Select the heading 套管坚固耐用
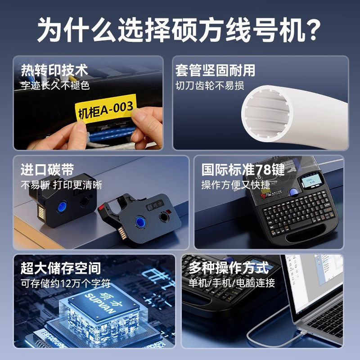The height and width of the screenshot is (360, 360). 215,70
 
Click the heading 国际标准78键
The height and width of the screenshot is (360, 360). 243,170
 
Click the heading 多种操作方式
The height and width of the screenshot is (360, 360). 228,268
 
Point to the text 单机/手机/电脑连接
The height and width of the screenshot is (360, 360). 231,283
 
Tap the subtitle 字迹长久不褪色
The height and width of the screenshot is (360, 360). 55,85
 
